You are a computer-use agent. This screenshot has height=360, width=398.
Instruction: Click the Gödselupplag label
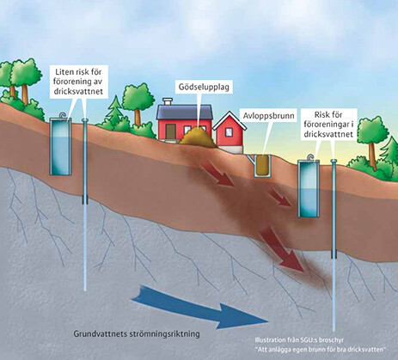(x=204, y=87)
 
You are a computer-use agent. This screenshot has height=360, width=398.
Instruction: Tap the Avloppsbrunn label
(x=268, y=116)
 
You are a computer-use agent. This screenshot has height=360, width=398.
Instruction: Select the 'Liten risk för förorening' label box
(x=78, y=82)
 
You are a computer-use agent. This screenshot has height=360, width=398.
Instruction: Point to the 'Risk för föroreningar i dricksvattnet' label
(x=328, y=125)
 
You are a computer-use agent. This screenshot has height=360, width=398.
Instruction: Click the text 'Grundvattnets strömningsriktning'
(x=137, y=334)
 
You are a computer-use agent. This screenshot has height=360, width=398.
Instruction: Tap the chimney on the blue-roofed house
(x=168, y=101)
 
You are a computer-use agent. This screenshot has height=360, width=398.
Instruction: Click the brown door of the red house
(x=170, y=132)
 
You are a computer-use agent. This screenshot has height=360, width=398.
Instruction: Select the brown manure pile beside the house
(x=198, y=137)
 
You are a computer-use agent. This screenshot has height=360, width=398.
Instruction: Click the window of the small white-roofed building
(x=230, y=132)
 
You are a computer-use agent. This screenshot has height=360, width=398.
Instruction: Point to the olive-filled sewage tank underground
(x=262, y=165)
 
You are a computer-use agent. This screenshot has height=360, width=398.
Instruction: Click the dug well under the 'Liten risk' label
(x=60, y=146)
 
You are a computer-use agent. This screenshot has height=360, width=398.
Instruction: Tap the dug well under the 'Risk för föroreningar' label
(x=309, y=188)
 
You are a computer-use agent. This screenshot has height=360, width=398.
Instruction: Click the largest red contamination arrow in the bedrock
(x=280, y=248)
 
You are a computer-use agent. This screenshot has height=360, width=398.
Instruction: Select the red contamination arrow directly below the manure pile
(x=217, y=173)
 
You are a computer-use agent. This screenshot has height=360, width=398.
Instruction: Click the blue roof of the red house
(x=185, y=112)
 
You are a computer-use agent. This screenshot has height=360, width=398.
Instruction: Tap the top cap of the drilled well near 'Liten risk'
(x=85, y=119)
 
